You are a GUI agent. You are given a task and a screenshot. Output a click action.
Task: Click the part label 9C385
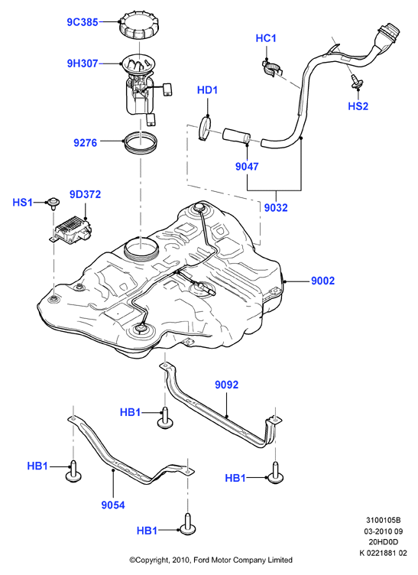(83, 22)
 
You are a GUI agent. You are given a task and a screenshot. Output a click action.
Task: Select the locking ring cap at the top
(139, 25)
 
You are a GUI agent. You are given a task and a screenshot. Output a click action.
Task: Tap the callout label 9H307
(83, 63)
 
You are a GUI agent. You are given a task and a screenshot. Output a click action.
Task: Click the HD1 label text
(207, 90)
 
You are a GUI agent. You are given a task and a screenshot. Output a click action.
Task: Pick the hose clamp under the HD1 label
(206, 128)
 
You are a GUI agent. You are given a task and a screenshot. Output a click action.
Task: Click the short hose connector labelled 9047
(237, 135)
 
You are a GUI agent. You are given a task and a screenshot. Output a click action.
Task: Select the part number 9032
(276, 207)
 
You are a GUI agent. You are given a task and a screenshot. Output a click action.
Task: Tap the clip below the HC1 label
(274, 68)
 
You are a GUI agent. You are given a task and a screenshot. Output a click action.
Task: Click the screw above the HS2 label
(356, 82)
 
